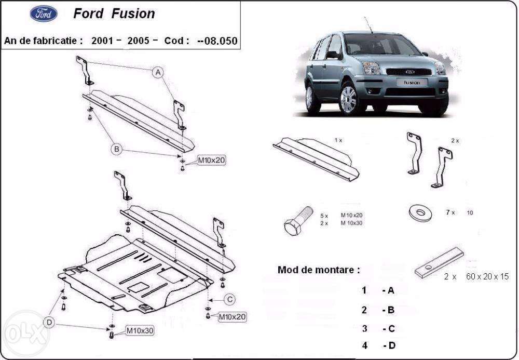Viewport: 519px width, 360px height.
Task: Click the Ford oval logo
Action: tap(44, 14)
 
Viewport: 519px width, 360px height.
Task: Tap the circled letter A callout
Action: tap(158, 72)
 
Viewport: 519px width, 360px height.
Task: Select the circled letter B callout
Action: tap(117, 149)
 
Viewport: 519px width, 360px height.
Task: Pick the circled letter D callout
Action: tap(49, 323)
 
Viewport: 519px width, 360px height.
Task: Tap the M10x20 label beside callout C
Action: tap(232, 316)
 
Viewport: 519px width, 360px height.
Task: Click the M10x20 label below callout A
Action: tap(211, 161)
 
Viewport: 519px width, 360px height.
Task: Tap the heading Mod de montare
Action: tap(318, 270)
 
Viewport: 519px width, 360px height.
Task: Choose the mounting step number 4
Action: tap(364, 345)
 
